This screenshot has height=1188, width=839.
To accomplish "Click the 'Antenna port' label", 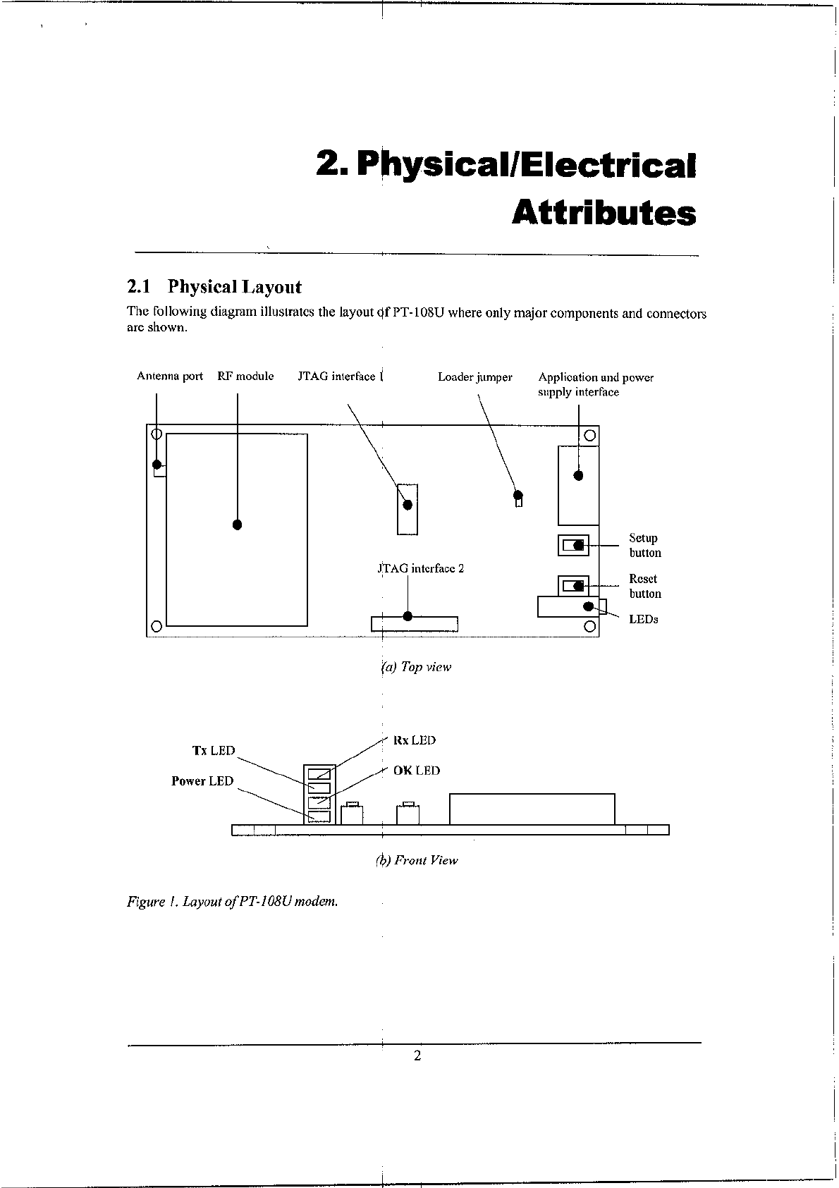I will (169, 376).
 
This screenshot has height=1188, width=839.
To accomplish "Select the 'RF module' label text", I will (245, 376).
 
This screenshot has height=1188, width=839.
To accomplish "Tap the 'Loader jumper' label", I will (474, 377).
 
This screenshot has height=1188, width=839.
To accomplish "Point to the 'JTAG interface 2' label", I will (422, 568).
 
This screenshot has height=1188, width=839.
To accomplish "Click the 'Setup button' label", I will (644, 546).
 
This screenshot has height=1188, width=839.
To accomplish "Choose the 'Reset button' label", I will (644, 586).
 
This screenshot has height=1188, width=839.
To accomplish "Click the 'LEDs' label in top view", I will (643, 619).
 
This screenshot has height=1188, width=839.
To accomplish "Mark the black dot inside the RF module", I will (238, 525).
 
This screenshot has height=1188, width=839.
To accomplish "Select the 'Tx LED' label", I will (214, 751).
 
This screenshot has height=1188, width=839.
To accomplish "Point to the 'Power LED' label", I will (202, 781).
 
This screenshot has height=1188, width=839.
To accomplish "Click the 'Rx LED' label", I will (415, 740).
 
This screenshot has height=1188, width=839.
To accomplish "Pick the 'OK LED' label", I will (416, 771).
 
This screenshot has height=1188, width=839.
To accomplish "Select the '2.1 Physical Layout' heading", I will (214, 287).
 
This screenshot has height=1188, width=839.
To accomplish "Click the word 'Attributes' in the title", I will (604, 212).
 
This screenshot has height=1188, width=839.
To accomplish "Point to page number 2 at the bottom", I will (417, 1055).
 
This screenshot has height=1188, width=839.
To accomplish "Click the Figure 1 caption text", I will (233, 902).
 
